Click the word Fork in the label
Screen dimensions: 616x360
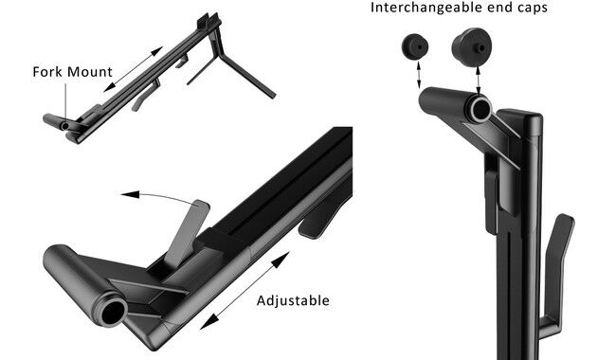[x=48, y=72]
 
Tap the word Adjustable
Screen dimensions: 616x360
[x=293, y=300]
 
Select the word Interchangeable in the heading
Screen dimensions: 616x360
[x=429, y=8]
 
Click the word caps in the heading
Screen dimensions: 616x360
[x=533, y=9]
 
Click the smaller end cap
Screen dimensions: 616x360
[x=414, y=46]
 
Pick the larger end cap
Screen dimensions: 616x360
[x=471, y=47]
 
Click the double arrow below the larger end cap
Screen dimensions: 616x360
[x=478, y=81]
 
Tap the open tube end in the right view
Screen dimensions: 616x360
[x=480, y=110]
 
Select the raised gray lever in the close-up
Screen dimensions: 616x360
[x=187, y=234]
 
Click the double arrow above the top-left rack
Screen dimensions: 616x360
[x=134, y=69]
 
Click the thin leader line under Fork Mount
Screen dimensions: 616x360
[x=65, y=102]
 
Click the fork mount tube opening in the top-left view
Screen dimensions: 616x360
[x=65, y=126]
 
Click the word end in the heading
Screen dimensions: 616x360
[x=503, y=8]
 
